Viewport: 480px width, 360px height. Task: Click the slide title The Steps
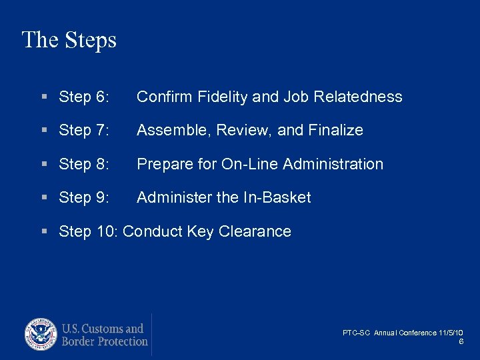(69, 40)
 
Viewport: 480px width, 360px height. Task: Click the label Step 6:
(84, 97)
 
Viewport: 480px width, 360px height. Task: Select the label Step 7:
(84, 130)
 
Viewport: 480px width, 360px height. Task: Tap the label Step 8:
(84, 164)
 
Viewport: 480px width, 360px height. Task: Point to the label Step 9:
(84, 197)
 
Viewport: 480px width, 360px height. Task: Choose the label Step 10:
(89, 231)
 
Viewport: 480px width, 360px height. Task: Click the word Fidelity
(224, 97)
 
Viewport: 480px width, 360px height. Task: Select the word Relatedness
(359, 97)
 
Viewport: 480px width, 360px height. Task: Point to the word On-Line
(249, 164)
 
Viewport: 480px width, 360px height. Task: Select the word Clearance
(257, 231)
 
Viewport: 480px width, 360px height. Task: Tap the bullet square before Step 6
(43, 97)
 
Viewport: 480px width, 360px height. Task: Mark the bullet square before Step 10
(43, 232)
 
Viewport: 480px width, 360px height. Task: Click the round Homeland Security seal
(41, 335)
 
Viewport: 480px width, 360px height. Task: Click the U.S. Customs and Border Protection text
(104, 335)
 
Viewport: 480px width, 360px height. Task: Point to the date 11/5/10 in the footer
(451, 333)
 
